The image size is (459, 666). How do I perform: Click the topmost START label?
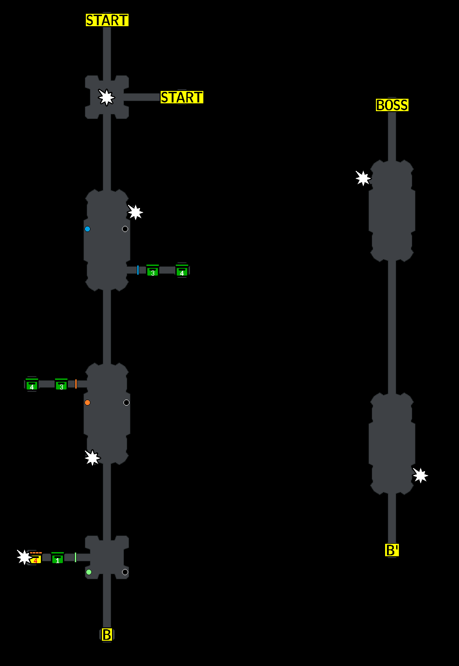(x=107, y=20)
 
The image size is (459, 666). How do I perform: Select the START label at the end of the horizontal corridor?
(x=182, y=97)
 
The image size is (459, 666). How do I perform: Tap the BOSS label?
(x=392, y=105)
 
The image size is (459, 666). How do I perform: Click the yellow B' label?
(x=392, y=550)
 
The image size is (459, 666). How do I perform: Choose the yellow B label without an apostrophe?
(x=106, y=635)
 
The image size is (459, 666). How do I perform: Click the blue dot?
(x=87, y=229)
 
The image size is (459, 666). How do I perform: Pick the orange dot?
(x=87, y=402)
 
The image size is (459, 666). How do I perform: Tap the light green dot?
(x=89, y=572)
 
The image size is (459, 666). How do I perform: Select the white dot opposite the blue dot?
(x=125, y=229)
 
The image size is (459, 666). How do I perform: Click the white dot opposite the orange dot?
(x=126, y=402)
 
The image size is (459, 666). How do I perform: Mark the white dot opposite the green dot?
(x=125, y=572)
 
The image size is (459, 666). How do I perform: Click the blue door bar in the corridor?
(x=138, y=270)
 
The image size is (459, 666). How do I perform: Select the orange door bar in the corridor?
(x=76, y=384)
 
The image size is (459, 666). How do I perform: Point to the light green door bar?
(x=75, y=557)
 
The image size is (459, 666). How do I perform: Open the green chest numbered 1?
(x=57, y=558)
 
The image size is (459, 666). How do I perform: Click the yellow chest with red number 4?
(x=35, y=559)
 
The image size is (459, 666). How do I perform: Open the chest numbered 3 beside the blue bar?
(x=152, y=271)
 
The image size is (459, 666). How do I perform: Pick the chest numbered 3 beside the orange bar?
(x=61, y=385)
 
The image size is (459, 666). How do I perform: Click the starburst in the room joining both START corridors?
(x=106, y=97)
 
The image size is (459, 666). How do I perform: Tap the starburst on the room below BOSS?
(x=363, y=178)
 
